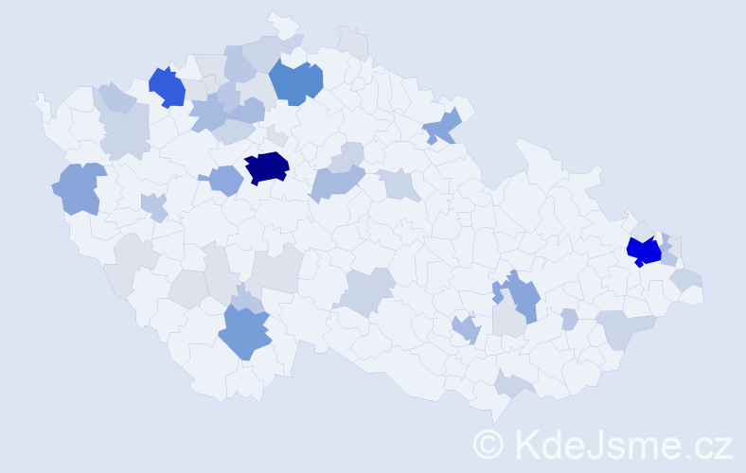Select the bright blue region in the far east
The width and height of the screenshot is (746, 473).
coord(644,251)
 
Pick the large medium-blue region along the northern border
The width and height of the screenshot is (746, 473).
coord(296,81)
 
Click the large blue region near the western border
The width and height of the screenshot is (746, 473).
coord(80,187)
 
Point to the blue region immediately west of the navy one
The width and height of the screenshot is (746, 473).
coord(224,180)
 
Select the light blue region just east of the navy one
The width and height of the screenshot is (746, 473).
coord(337,180)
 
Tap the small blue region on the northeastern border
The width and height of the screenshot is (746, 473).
coord(442,125)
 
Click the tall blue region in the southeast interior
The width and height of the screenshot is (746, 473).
coord(520,295)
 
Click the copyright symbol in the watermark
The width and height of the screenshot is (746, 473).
coord(488,444)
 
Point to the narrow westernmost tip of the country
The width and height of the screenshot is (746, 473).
coord(39,96)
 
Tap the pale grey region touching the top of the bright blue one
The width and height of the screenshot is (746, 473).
coord(643,230)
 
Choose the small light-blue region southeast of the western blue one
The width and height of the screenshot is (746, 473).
coord(153,205)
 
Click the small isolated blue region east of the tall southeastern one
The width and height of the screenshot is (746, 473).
coord(569,319)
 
